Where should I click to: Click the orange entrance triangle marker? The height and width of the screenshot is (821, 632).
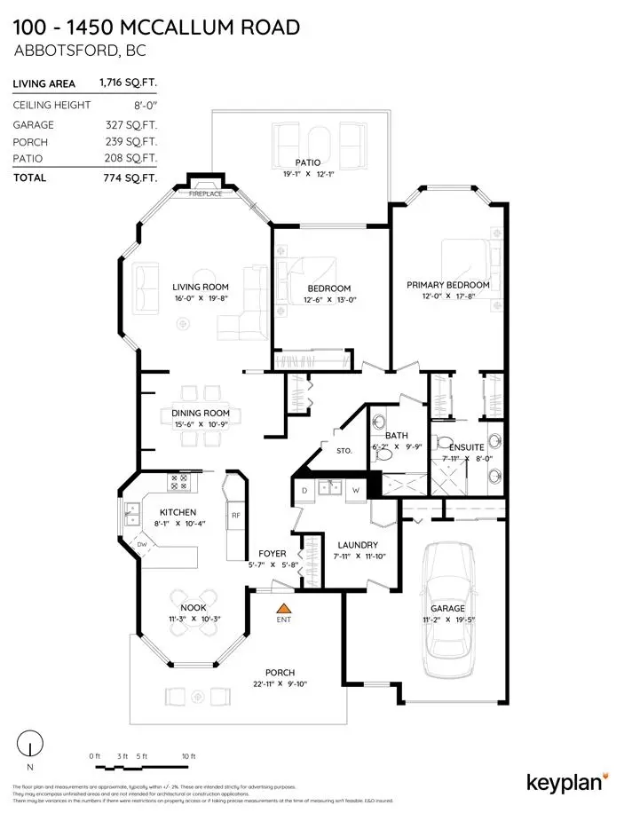(283, 609)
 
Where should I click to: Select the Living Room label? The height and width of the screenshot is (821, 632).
(201, 287)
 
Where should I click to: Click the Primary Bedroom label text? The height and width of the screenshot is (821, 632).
(447, 285)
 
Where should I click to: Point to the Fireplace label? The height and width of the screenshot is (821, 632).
(205, 193)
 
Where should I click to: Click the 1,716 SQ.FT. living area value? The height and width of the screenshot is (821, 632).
(129, 83)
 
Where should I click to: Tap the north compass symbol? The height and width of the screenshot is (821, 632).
(31, 744)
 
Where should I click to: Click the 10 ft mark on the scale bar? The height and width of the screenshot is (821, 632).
(186, 755)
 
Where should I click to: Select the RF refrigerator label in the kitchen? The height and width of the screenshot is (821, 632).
(236, 515)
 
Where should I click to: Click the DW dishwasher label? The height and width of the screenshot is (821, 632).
(141, 544)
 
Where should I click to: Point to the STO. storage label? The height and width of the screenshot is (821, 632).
(345, 451)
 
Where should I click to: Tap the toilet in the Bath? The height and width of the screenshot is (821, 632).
(383, 453)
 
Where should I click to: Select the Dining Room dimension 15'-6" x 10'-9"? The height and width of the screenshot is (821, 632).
(201, 425)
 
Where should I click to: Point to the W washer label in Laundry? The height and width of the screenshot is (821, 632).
(355, 491)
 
